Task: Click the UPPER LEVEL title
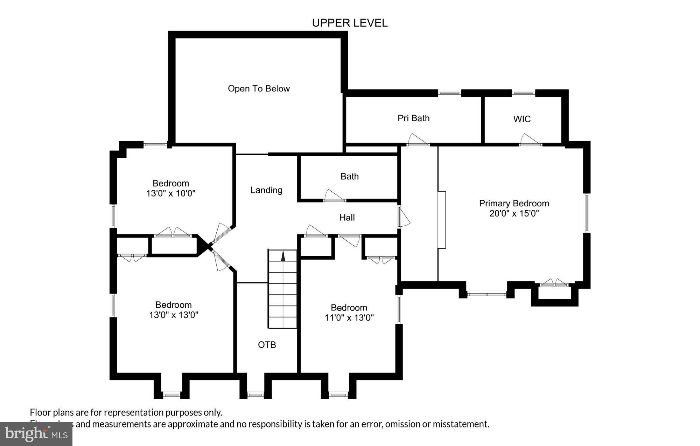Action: pyautogui.click(x=350, y=23)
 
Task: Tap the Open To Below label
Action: pyautogui.click(x=259, y=89)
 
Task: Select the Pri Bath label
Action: pyautogui.click(x=413, y=118)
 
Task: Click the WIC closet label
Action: pyautogui.click(x=521, y=119)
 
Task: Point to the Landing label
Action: pyautogui.click(x=266, y=190)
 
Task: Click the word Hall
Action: pyautogui.click(x=347, y=218)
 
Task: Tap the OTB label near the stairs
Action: pyautogui.click(x=267, y=345)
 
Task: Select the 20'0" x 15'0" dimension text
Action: pyautogui.click(x=514, y=213)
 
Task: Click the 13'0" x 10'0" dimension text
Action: pyautogui.click(x=170, y=193)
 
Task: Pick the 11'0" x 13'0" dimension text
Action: pyautogui.click(x=349, y=318)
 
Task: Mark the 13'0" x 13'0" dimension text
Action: pyautogui.click(x=174, y=315)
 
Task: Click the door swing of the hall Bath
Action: pyautogui.click(x=334, y=195)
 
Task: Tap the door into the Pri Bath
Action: pyautogui.click(x=418, y=140)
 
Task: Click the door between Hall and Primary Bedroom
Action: pyautogui.click(x=403, y=217)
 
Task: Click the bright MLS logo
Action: pyautogui.click(x=36, y=434)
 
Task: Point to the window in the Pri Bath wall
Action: pyautogui.click(x=449, y=93)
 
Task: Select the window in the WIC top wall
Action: pyautogui.click(x=523, y=93)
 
